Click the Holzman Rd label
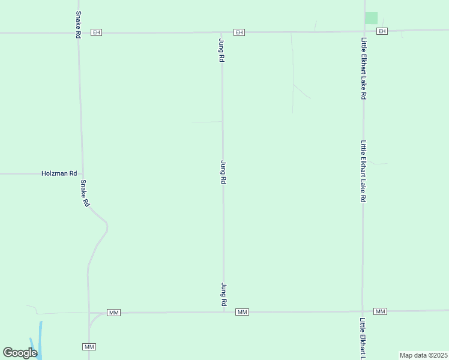click(x=59, y=173)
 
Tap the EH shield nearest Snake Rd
click(x=96, y=32)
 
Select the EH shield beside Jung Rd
click(x=239, y=32)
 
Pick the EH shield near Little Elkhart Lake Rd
click(x=382, y=31)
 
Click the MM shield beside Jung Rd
click(x=242, y=312)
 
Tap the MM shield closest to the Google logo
click(x=89, y=347)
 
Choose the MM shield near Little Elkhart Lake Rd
click(x=380, y=311)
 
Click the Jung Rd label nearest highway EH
click(x=221, y=50)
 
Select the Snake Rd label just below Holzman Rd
click(x=85, y=194)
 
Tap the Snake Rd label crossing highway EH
click(x=78, y=25)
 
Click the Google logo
click(x=20, y=353)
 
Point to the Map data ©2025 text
click(x=423, y=355)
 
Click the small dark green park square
click(x=372, y=18)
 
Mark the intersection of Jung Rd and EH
click(x=222, y=32)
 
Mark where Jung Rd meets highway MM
click(x=224, y=312)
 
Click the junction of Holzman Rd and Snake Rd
click(x=82, y=173)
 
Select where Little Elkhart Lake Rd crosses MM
click(x=363, y=311)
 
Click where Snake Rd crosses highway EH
click(x=78, y=32)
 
